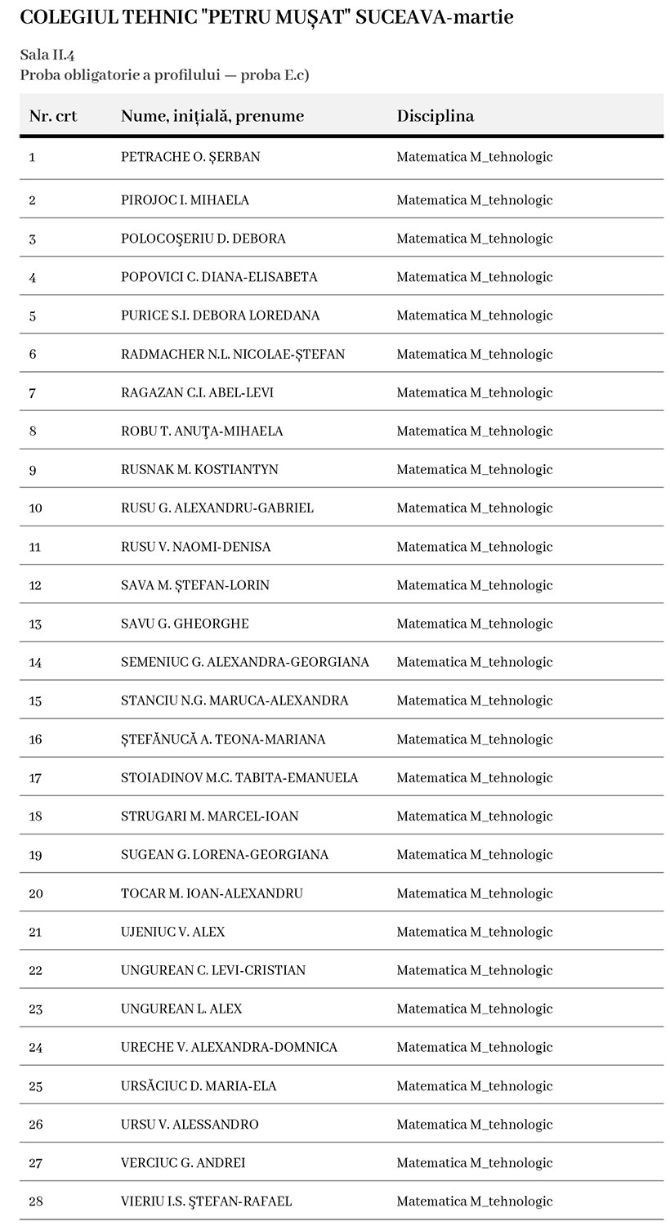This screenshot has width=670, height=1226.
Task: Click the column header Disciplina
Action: [435, 116]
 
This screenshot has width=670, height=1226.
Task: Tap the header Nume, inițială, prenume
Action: [212, 116]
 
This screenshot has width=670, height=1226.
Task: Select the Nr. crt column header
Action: [53, 116]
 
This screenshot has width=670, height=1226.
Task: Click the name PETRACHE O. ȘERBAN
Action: [190, 157]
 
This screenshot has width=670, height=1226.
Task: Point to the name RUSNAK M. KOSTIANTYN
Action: [199, 469]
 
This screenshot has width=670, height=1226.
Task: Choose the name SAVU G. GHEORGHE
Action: [185, 624]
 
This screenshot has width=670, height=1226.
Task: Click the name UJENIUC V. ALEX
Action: [172, 932]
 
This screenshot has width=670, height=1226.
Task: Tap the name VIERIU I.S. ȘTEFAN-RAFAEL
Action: [206, 1201]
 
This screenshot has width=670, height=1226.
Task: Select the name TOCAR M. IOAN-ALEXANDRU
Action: [212, 893]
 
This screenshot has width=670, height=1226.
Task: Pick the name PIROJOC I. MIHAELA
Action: [185, 200]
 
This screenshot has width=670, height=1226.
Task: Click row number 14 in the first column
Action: [35, 662]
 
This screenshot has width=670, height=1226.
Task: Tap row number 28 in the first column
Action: [35, 1201]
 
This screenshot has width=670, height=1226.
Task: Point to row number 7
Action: [33, 392]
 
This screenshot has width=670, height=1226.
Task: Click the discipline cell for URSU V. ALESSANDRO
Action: [474, 1124]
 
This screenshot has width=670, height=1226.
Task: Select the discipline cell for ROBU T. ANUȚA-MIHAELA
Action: [474, 431]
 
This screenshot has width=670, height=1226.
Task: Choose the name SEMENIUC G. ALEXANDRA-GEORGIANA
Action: [244, 662]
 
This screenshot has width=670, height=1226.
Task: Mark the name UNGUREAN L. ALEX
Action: [181, 1009]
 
